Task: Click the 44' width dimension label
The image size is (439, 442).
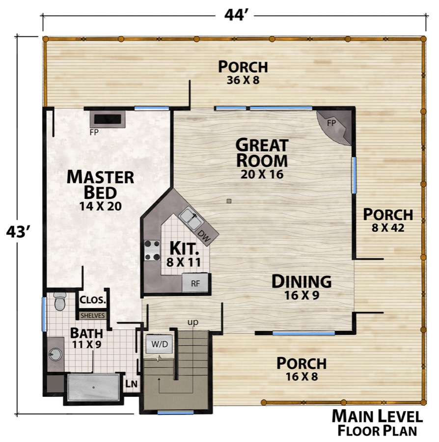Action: (236, 15)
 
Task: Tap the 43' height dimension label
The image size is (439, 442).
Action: (18, 232)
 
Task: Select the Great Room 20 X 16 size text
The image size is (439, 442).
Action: (262, 174)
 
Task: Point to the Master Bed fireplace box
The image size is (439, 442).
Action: (108, 119)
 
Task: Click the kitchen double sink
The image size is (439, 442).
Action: (191, 219)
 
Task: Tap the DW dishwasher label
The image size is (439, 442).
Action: (204, 236)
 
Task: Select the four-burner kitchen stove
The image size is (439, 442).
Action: (152, 250)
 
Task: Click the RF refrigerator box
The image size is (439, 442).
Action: (195, 283)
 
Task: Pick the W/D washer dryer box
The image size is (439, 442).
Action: (159, 344)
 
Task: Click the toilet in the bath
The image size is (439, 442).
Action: (59, 301)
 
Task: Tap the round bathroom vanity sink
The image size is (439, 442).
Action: (55, 354)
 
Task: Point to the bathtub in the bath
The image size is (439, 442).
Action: (94, 387)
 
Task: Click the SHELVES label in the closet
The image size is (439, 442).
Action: (92, 316)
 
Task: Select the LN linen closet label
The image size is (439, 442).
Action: (131, 384)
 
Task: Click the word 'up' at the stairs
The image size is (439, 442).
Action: (193, 322)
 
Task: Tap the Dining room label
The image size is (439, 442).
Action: (301, 281)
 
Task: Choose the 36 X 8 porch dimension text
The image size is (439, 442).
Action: (243, 81)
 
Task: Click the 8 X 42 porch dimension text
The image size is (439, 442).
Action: (388, 228)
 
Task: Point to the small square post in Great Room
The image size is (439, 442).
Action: (229, 201)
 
